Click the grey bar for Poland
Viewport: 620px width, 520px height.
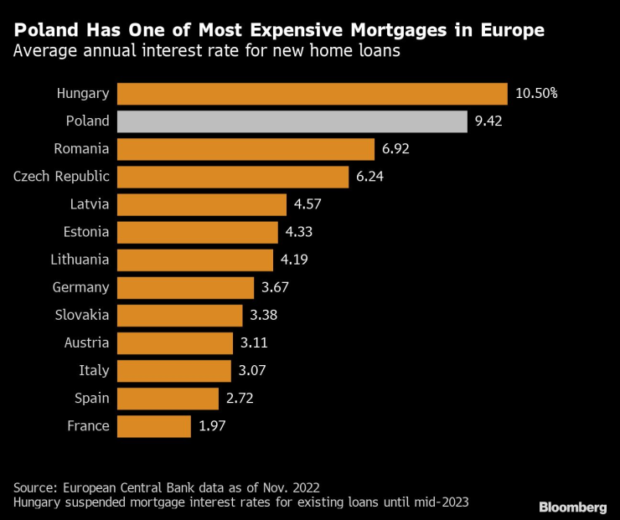(292, 121)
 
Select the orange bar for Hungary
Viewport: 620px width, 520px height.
(312, 93)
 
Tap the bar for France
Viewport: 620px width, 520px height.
(154, 426)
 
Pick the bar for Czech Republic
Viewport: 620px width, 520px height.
(233, 177)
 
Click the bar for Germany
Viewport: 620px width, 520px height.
(185, 287)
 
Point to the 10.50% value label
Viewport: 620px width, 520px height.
(536, 93)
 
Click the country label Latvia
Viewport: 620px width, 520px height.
(90, 204)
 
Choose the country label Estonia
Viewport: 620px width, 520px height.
(86, 232)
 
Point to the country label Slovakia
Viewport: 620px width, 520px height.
(83, 315)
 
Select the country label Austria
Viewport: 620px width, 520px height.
(87, 342)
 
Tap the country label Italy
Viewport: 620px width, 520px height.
(95, 370)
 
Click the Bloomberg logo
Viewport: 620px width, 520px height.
(572, 507)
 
